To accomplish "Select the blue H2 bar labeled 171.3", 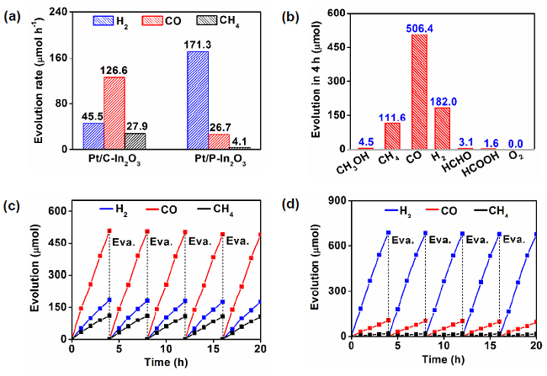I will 198,100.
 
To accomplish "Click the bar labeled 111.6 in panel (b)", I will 391,136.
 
